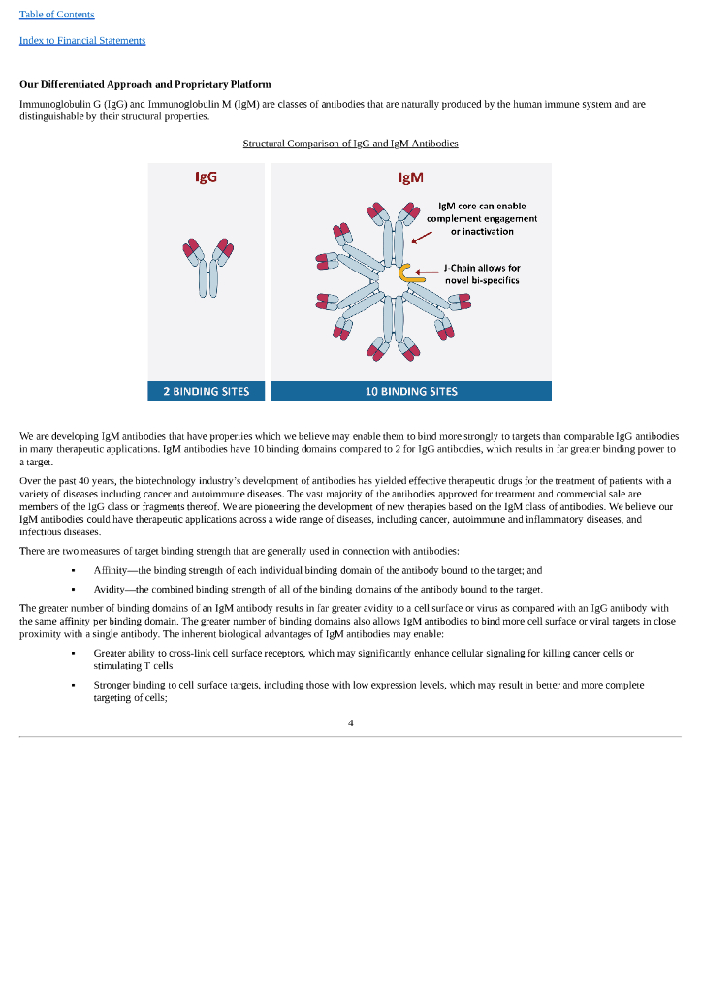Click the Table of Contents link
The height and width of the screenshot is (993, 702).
point(57,15)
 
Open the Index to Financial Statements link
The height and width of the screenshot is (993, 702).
point(82,40)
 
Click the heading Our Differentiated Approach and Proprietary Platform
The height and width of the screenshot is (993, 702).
point(145,85)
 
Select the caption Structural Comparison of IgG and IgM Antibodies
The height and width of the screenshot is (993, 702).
point(350,144)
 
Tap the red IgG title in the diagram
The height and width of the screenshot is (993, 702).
point(206,177)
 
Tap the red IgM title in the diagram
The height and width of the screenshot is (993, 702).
point(411,177)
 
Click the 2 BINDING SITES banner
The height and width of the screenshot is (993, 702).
point(207,392)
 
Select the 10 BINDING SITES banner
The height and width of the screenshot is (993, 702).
point(411,392)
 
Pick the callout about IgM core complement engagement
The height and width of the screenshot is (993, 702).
point(481,218)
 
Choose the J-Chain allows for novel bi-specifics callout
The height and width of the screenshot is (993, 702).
point(482,273)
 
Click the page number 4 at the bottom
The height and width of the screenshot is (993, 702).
point(350,721)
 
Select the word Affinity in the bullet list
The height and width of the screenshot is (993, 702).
point(112,570)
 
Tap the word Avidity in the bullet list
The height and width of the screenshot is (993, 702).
point(112,590)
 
